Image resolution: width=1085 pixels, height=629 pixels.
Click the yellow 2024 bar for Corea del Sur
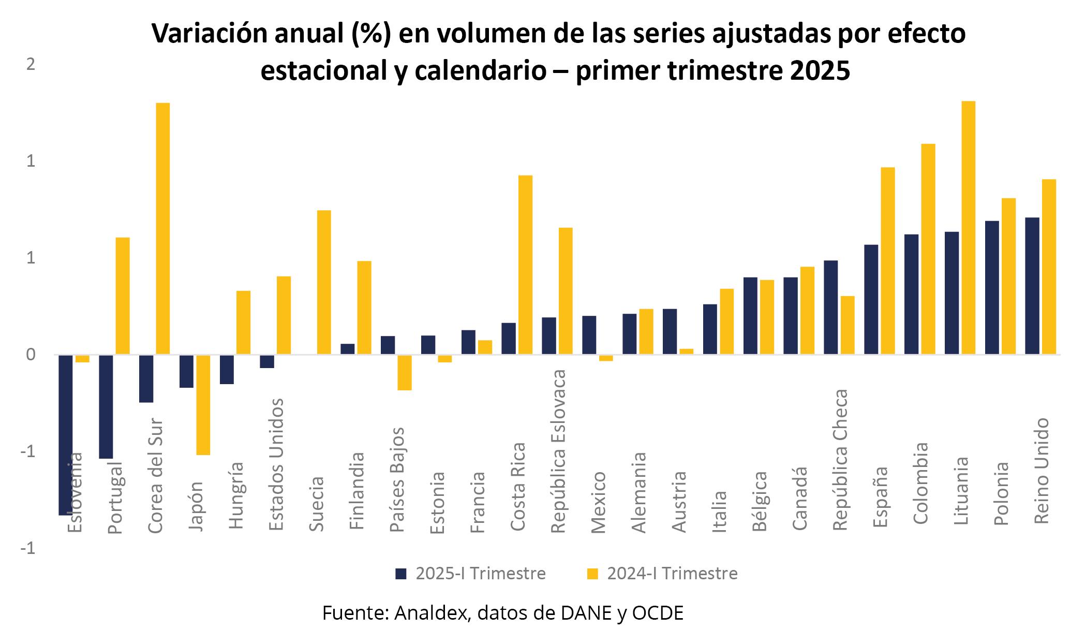point(162,228)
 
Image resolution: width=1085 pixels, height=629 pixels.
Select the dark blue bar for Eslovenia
point(66,435)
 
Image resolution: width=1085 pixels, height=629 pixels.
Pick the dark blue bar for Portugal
point(106,406)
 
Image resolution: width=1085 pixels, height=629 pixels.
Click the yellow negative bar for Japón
point(203,404)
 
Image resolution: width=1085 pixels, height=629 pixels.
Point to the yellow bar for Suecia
point(323,282)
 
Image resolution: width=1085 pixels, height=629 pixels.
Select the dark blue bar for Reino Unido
point(1032,286)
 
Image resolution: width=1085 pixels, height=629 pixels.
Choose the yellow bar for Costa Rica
point(525,265)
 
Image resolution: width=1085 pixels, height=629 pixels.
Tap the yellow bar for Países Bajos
point(405,372)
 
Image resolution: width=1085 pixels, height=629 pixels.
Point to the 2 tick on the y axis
point(31,64)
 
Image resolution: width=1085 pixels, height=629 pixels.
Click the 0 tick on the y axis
point(31,355)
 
